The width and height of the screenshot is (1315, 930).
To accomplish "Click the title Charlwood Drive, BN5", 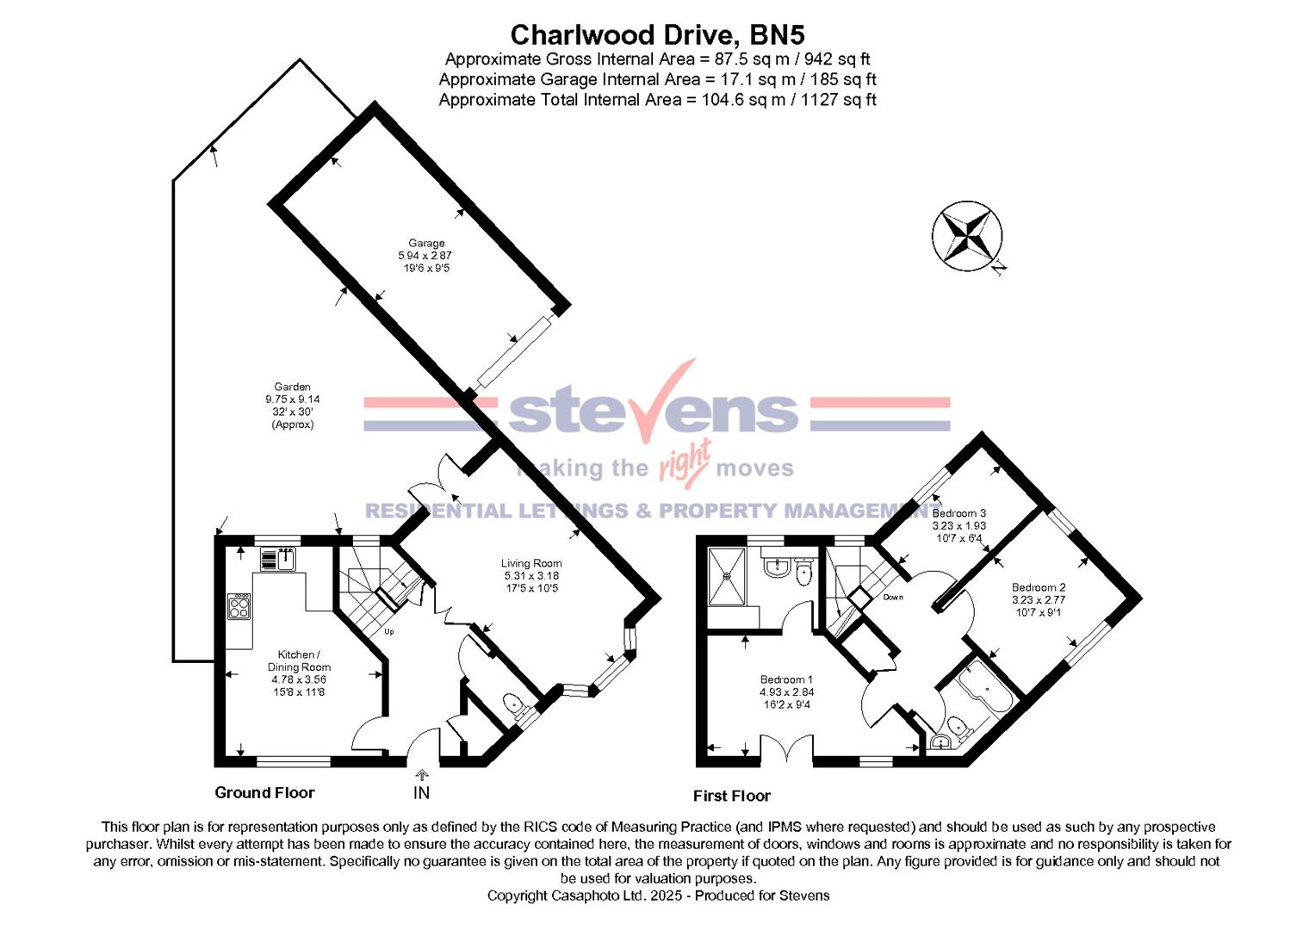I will (657, 34).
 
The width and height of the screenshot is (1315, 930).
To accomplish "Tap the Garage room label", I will (425, 244).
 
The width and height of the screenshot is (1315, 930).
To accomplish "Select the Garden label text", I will (292, 387).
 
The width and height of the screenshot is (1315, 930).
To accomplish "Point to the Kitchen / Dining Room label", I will (299, 660).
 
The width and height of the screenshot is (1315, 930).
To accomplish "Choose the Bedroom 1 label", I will (785, 679).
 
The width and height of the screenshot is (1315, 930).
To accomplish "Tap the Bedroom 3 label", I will (958, 513).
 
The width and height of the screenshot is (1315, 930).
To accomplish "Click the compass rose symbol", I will (967, 235).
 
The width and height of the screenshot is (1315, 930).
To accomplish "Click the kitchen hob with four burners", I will (239, 607).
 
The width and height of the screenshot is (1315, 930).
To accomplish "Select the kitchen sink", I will (278, 560).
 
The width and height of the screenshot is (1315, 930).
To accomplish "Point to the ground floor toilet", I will (517, 705).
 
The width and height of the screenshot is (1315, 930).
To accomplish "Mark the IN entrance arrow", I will (421, 777).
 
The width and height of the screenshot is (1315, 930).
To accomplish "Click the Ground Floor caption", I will (264, 792).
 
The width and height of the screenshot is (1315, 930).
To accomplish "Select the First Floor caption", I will (731, 796).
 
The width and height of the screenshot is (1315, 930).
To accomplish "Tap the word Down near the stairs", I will (893, 597).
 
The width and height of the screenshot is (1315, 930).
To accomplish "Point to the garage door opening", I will (514, 351).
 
